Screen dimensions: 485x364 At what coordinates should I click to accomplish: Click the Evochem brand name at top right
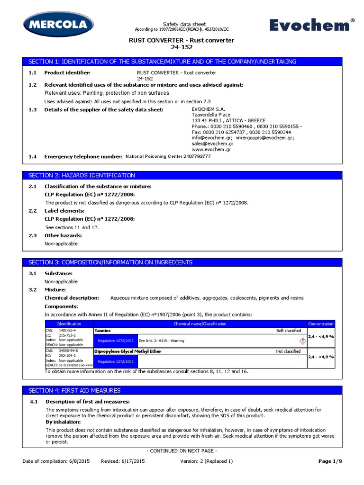point(312,25)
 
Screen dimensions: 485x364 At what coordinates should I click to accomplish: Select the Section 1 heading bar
point(182,62)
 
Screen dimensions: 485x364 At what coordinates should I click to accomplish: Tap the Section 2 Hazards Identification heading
point(182,175)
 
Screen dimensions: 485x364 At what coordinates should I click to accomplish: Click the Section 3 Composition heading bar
point(182,262)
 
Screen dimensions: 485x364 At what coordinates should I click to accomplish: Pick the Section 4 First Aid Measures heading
point(182,390)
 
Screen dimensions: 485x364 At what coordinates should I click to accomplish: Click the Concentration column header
point(321,323)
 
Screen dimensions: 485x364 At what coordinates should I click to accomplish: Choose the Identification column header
point(69,323)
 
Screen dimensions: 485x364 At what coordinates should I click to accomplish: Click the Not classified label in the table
point(288,351)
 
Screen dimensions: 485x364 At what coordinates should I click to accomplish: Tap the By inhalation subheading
point(63,422)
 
